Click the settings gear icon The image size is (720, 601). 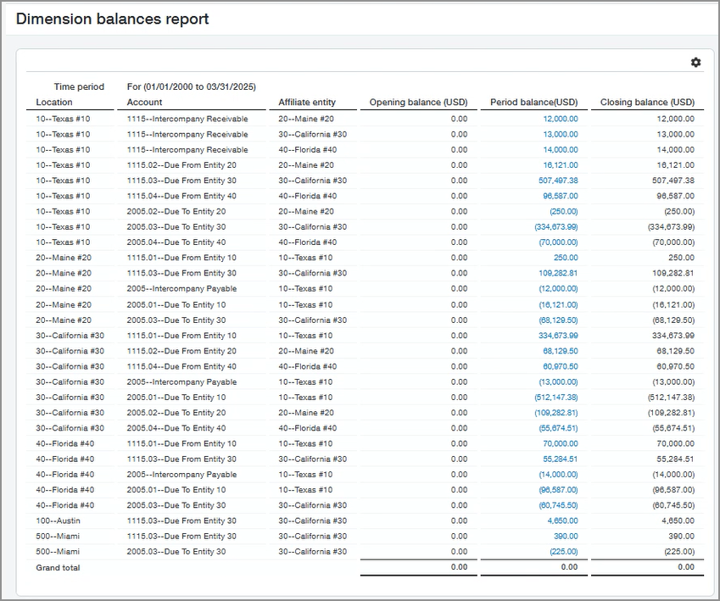pyautogui.click(x=696, y=63)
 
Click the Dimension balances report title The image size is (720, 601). pyautogui.click(x=112, y=19)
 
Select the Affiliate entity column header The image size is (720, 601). pyautogui.click(x=307, y=103)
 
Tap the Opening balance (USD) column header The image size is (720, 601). pyautogui.click(x=418, y=103)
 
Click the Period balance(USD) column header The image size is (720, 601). pyautogui.click(x=533, y=103)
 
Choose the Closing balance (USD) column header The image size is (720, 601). pyautogui.click(x=647, y=103)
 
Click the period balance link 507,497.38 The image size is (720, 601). pyautogui.click(x=558, y=181)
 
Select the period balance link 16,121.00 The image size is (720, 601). pyautogui.click(x=561, y=165)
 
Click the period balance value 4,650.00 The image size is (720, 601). pyautogui.click(x=563, y=520)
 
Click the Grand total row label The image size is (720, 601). pyautogui.click(x=58, y=567)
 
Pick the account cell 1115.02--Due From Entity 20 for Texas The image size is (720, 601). pyautogui.click(x=181, y=165)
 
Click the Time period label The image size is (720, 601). pyautogui.click(x=79, y=86)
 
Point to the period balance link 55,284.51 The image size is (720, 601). pyautogui.click(x=561, y=459)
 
